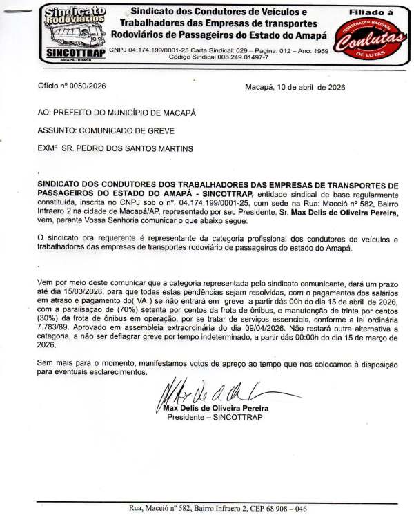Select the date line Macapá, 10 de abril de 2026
coord(295,88)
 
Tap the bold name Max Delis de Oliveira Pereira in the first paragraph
coord(342,215)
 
